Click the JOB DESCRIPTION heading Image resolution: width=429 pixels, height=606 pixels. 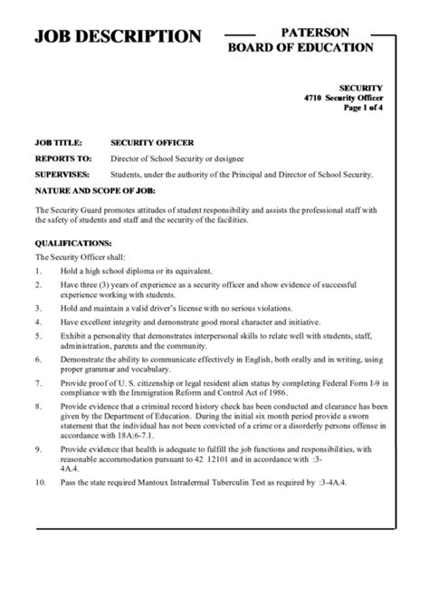pos(118,36)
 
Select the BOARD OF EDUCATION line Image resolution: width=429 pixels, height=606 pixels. pos(300,47)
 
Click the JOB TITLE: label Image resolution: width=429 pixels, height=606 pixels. pos(59,142)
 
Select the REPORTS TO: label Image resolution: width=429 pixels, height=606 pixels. pos(62,158)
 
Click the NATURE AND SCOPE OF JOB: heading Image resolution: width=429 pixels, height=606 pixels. pos(95,191)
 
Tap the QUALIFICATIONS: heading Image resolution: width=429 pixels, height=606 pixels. pos(73,243)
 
